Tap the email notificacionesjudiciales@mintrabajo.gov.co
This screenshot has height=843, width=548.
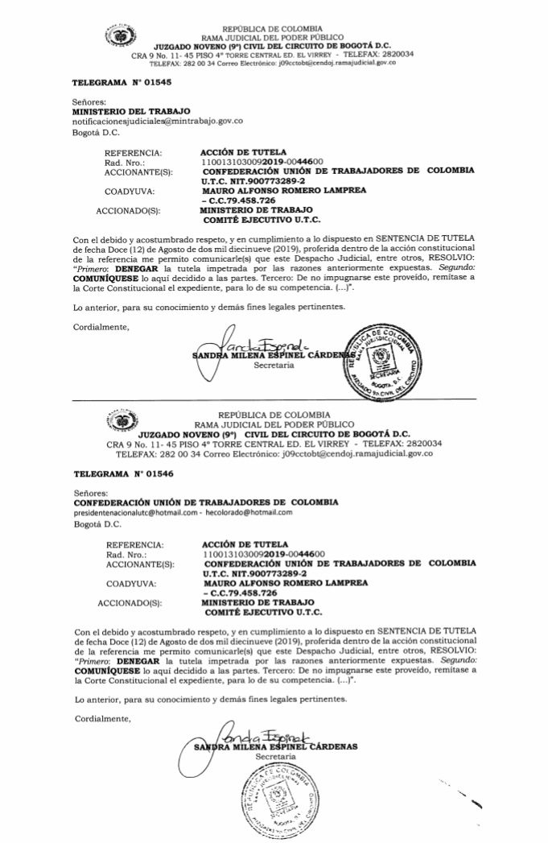(158, 121)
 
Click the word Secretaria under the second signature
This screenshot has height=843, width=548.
(274, 757)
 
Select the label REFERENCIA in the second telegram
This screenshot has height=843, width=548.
(134, 544)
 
